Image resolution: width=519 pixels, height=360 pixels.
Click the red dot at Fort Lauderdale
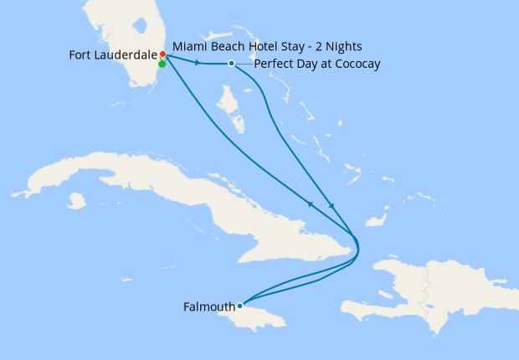pos(162,55)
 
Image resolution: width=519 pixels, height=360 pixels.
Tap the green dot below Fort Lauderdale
pos(162,64)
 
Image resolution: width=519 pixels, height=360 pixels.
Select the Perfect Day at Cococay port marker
pos(232,64)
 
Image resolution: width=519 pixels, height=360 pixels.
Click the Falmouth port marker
pos(239,306)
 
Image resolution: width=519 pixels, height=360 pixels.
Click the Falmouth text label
pos(208,306)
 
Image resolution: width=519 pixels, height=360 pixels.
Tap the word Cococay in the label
pos(356,64)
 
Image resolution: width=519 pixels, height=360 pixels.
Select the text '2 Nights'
pos(339,45)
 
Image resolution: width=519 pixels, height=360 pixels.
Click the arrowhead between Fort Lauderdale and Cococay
pos(198,63)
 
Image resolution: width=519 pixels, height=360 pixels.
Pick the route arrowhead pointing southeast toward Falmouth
pos(333,207)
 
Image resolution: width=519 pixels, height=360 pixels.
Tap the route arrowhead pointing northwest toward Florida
pos(310,203)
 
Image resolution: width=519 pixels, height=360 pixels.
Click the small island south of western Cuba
pos(77,201)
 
